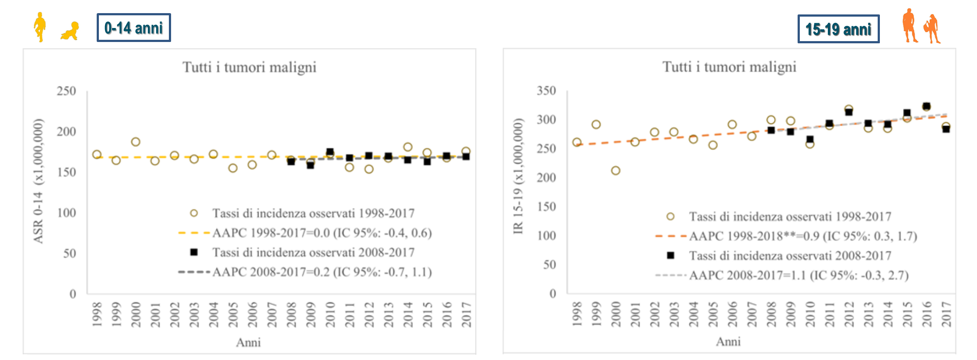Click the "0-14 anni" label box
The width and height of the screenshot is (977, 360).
133,28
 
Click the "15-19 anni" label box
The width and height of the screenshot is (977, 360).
838,29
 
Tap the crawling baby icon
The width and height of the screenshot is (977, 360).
70,31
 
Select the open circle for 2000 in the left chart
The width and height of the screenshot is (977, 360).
136,142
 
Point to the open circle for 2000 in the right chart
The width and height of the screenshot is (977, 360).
616,171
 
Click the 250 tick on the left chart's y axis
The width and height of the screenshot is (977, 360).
67,91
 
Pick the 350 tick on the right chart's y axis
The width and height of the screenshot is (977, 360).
546,91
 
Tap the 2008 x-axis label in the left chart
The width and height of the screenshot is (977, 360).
291,314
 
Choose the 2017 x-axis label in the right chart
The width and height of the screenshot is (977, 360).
946,314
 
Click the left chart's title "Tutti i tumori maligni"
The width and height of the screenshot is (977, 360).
249,67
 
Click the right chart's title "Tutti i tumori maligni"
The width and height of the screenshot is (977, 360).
729,67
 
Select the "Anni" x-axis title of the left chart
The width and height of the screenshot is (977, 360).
249,342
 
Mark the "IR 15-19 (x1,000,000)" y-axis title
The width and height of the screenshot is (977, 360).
518,176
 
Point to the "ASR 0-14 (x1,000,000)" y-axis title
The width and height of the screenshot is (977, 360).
39,181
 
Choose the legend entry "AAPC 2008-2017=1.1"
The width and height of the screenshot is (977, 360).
798,276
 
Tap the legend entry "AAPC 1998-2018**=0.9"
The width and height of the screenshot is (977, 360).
803,236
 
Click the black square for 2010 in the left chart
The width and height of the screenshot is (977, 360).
330,152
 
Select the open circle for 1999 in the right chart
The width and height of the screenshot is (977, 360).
596,125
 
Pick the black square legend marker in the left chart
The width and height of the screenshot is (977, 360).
194,252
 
